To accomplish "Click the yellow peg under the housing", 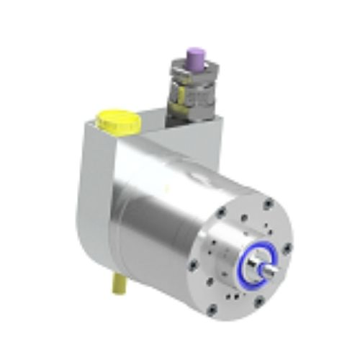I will click(x=117, y=287).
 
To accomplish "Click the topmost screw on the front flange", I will click(x=267, y=204).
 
